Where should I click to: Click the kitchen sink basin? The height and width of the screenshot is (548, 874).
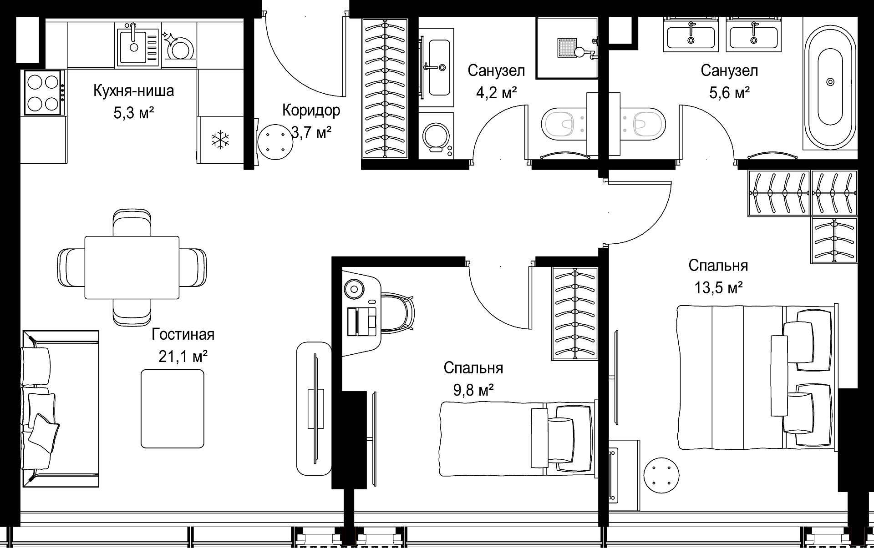[x=132, y=45]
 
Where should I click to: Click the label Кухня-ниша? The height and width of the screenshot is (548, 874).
[x=134, y=90]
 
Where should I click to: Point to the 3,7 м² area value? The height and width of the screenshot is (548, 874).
[x=311, y=133]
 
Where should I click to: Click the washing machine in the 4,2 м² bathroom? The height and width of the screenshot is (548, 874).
[x=436, y=136]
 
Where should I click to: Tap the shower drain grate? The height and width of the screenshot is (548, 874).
[x=568, y=48]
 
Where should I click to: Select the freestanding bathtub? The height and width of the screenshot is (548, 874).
[x=831, y=82]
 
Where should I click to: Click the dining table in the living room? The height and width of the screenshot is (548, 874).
[x=132, y=267]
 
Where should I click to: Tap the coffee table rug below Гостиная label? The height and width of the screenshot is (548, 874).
[x=173, y=408]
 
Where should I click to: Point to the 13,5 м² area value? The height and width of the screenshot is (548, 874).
[x=718, y=287]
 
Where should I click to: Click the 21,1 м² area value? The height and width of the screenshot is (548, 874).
[x=183, y=357]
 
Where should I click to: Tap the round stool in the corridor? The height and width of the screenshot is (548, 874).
[x=275, y=141]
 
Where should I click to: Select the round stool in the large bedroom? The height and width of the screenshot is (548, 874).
[x=662, y=476]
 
